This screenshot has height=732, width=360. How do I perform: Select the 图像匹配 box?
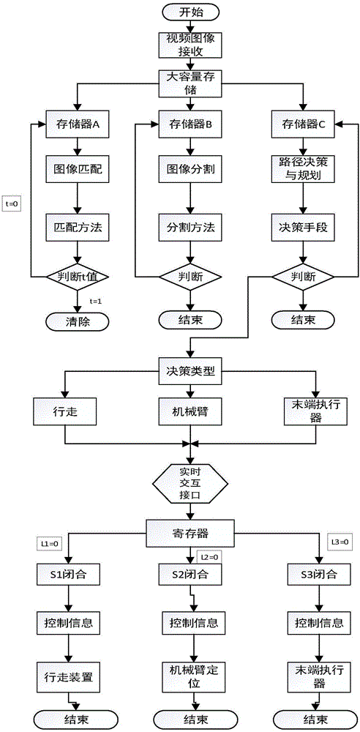tap(77, 168)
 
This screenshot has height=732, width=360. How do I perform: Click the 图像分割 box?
tap(190, 168)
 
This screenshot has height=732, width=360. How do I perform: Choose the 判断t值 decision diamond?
tap(77, 276)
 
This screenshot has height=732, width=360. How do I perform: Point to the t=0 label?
tap(11, 204)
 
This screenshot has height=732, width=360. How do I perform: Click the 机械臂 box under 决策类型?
tap(190, 412)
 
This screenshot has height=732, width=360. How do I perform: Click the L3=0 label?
tap(342, 542)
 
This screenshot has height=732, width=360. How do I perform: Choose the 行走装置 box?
tap(67, 669)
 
